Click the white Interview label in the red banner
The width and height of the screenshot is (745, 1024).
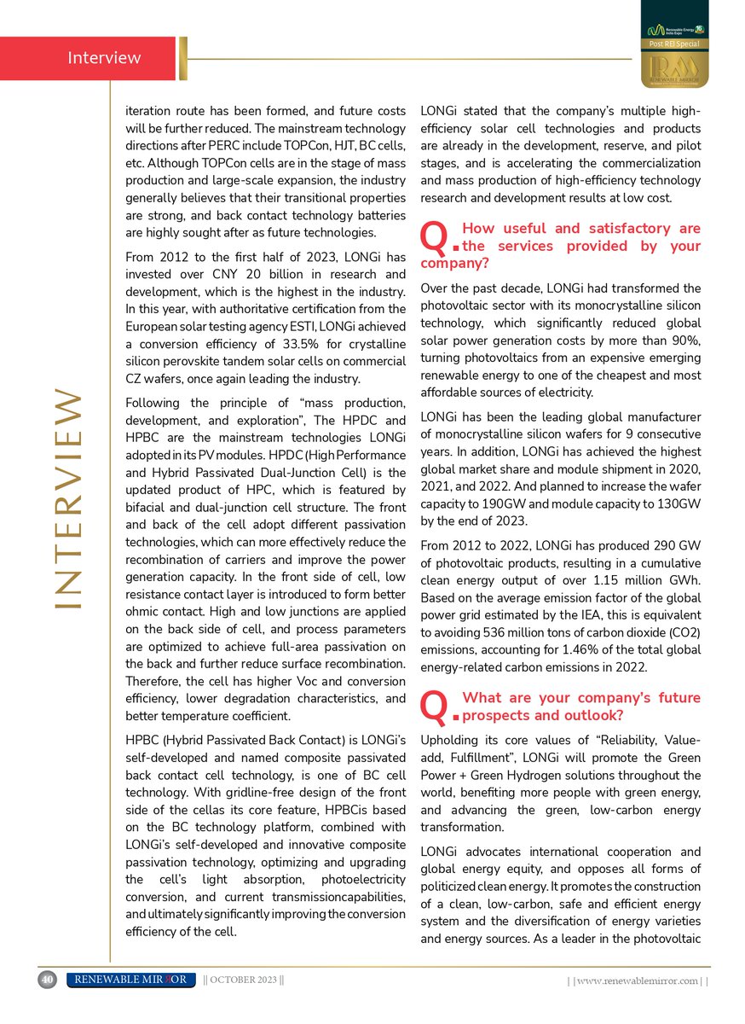104,58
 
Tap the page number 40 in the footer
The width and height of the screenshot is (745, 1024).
47,980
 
